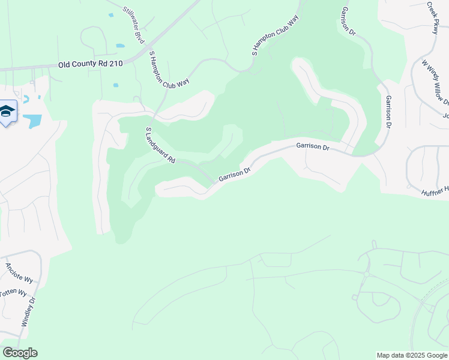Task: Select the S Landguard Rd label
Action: [160, 145]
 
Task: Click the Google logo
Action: [20, 353]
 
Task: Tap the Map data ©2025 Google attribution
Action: [412, 355]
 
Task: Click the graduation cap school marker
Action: [8, 112]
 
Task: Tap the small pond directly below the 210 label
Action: [115, 85]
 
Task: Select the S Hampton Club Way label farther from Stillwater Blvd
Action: [275, 37]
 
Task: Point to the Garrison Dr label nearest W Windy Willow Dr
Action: [388, 112]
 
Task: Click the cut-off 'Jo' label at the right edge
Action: [445, 116]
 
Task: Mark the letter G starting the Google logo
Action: [7, 353]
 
